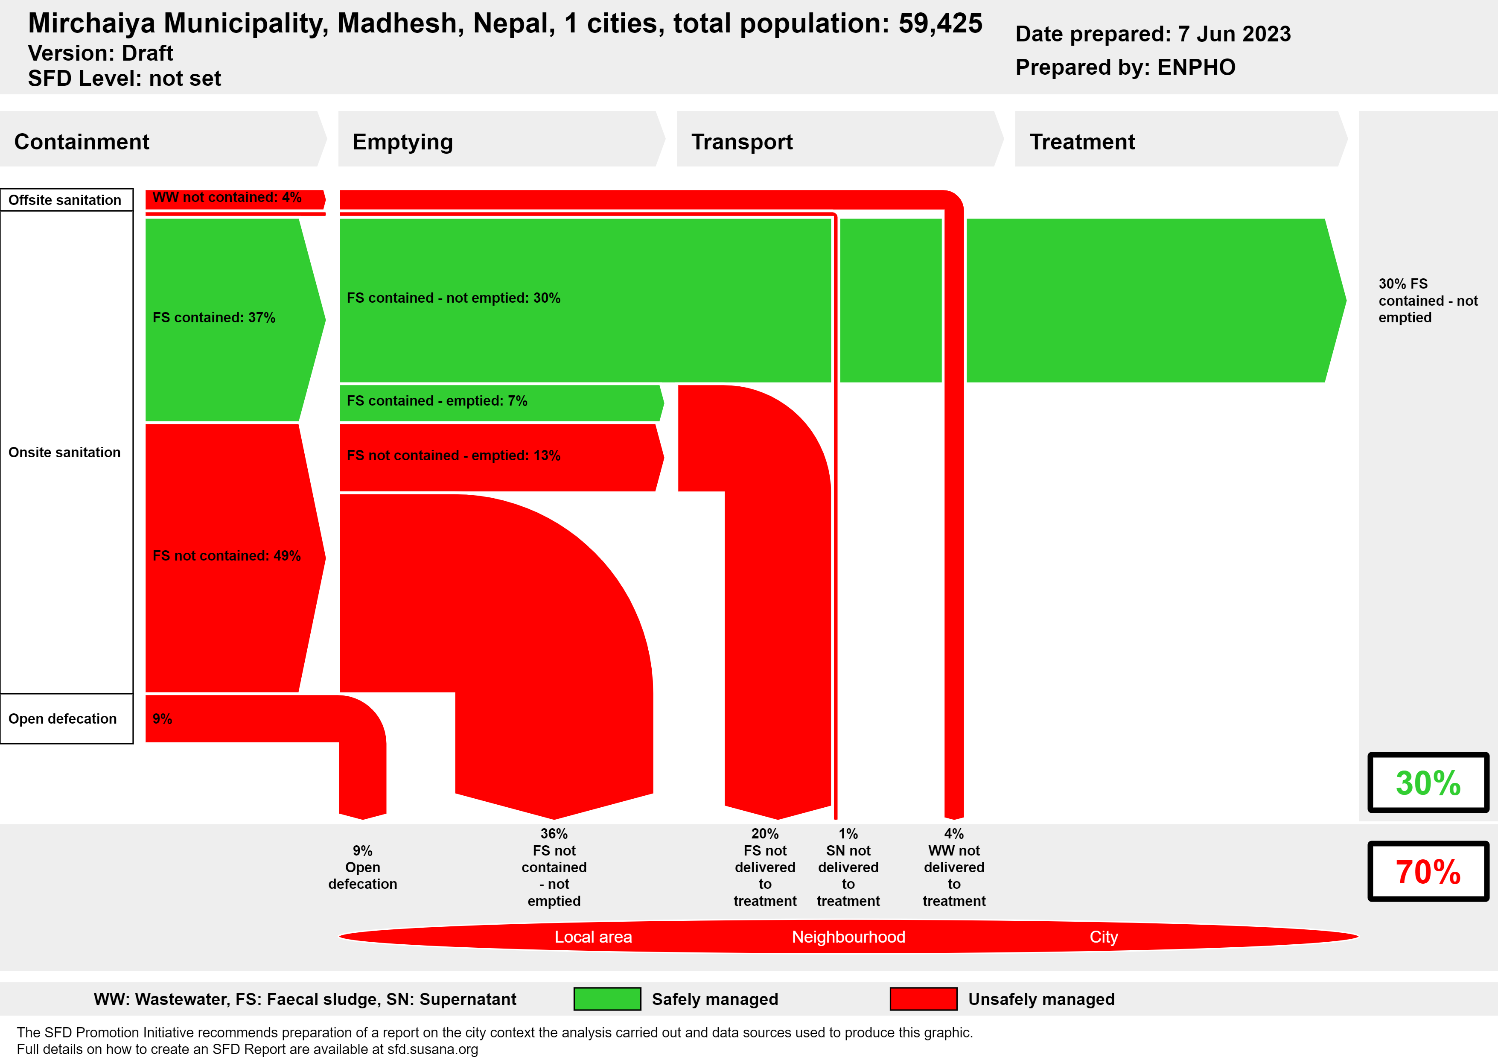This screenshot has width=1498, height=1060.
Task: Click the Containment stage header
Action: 82,142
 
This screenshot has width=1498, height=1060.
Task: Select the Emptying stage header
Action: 402,142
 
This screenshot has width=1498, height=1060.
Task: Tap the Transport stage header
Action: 742,142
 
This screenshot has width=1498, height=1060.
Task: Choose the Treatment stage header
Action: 1082,142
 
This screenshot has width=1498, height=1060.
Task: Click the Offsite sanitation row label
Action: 65,200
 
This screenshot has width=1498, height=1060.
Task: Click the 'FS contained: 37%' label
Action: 214,317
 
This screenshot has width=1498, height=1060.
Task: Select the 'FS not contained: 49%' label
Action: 226,555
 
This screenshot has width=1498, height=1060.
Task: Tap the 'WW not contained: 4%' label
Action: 227,197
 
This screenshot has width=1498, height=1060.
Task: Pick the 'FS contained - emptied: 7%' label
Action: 437,401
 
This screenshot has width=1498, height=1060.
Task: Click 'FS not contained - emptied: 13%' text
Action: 453,456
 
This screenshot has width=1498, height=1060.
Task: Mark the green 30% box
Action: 1428,783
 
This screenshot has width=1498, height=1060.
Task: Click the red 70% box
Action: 1428,871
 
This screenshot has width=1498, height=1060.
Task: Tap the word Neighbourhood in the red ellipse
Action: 848,937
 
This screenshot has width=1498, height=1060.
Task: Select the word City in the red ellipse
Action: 1103,937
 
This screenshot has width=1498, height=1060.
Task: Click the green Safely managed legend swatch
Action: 607,999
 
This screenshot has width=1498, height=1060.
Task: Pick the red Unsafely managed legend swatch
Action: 923,999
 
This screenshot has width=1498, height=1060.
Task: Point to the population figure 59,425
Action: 940,23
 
